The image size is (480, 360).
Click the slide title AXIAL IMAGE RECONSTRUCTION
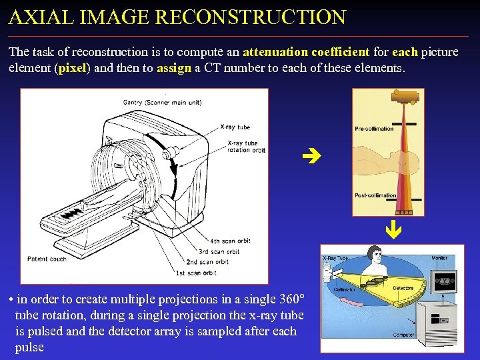(177, 17)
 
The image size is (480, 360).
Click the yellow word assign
(173, 68)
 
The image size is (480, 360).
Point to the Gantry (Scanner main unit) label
(162, 103)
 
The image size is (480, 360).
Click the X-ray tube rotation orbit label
(246, 147)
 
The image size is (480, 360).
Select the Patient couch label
(47, 259)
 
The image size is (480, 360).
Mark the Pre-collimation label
(374, 129)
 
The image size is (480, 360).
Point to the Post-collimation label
(375, 195)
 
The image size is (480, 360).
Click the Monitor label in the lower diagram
(439, 257)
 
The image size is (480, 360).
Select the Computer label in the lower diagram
(403, 335)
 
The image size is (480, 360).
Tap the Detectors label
(403, 288)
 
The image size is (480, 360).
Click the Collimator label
(344, 289)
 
